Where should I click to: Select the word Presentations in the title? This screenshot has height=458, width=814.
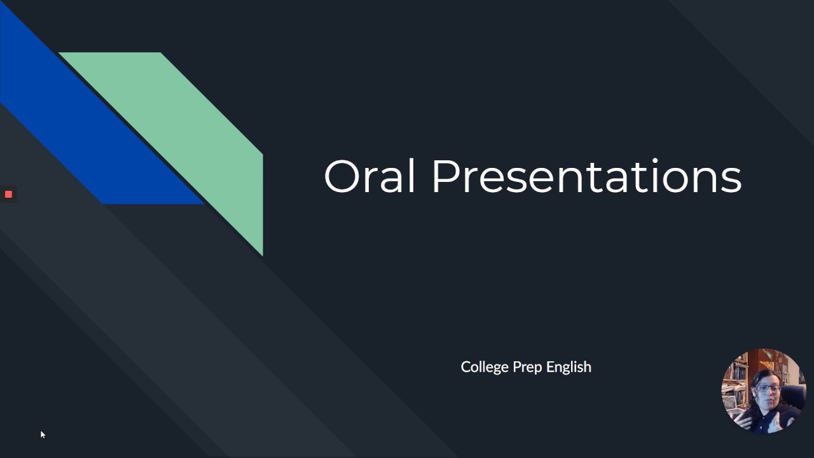pos(586,177)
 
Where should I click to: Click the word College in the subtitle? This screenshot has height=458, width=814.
pos(485,367)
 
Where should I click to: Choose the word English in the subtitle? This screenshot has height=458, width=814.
pos(569,368)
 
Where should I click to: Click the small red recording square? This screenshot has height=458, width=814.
pos(8,194)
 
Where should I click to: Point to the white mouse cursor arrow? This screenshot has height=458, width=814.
pos(42,434)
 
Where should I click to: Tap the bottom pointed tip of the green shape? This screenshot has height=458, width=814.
pos(261,254)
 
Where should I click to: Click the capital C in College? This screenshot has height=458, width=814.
pos(466,367)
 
